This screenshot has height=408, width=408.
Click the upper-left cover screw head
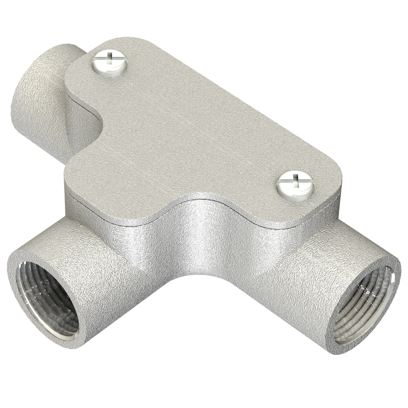pos(110,63)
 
